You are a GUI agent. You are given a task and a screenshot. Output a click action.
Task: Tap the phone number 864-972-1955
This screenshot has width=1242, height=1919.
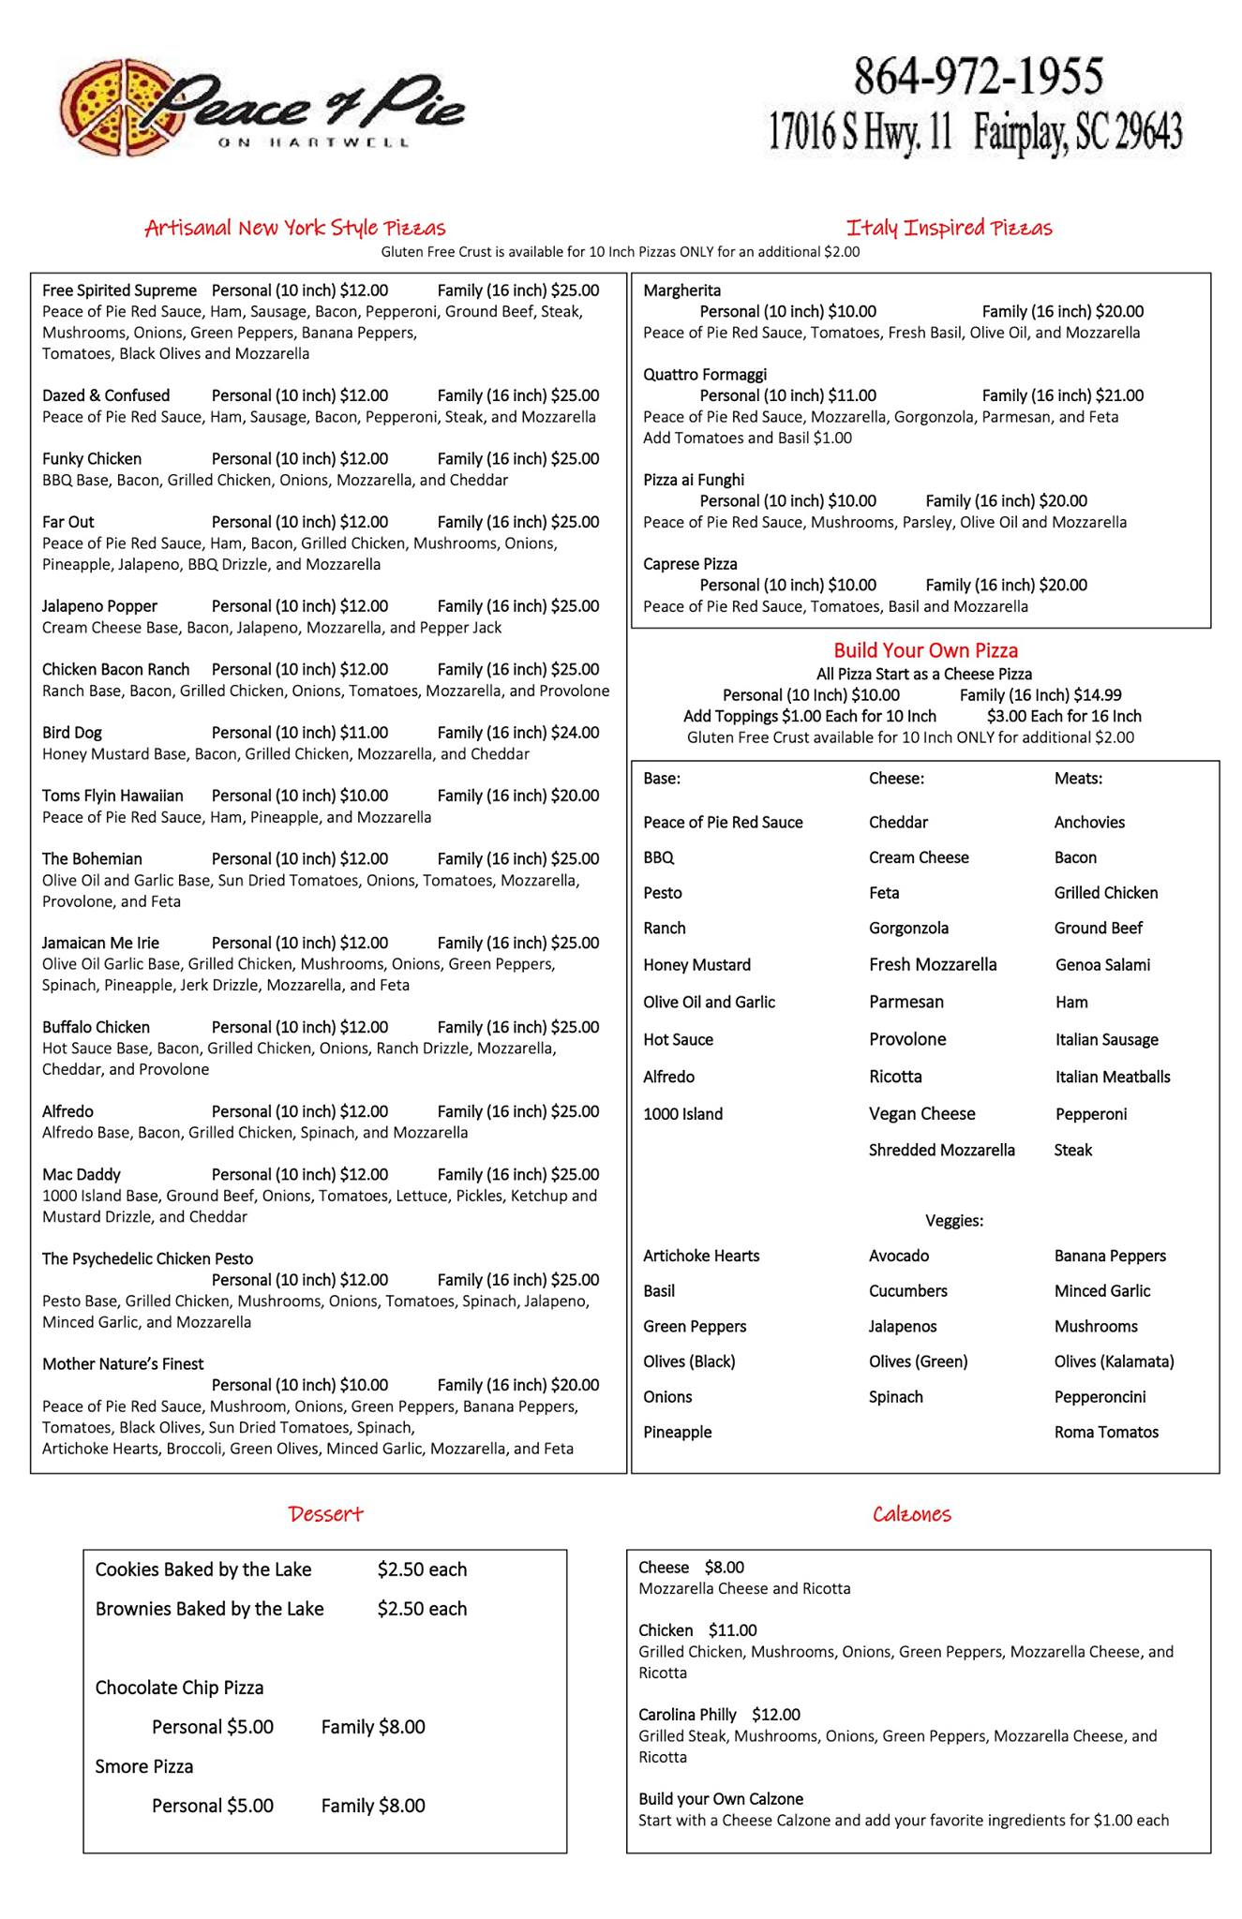[978, 77]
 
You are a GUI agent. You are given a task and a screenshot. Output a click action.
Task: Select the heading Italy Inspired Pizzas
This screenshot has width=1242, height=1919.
[949, 228]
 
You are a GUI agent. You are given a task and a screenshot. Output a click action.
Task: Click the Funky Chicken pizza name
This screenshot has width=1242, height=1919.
[92, 459]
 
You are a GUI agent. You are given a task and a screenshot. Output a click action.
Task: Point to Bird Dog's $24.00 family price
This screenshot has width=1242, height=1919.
[575, 733]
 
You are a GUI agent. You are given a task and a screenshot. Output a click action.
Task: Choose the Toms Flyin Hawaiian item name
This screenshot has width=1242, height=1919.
[112, 796]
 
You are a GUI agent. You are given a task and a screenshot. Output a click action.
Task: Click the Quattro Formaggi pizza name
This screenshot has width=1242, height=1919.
[705, 375]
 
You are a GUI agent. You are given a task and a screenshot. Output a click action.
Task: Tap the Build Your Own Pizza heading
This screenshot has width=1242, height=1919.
[925, 650]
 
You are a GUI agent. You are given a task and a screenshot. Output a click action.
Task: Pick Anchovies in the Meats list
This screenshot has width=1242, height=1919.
[1089, 823]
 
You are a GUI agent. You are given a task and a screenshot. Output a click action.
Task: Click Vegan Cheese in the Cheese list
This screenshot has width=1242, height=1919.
[921, 1114]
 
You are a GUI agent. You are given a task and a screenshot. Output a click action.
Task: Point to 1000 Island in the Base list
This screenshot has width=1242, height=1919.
[682, 1114]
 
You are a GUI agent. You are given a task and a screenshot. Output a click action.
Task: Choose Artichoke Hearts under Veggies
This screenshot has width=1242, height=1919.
[701, 1256]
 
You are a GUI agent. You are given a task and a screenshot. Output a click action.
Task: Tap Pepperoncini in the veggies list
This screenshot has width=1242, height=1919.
[1100, 1397]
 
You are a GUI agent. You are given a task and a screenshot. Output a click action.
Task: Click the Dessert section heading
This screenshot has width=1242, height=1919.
[325, 1514]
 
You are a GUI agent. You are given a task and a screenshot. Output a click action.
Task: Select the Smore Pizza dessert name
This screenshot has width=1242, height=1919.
[144, 1766]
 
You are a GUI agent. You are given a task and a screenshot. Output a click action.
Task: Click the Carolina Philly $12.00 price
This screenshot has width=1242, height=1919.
[776, 1715]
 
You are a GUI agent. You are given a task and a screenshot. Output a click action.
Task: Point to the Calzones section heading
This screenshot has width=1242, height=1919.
[911, 1514]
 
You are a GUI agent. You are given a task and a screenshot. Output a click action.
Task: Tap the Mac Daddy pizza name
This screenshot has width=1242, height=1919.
[82, 1175]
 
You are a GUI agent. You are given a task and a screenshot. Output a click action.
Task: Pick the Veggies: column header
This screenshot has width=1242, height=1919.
[954, 1221]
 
